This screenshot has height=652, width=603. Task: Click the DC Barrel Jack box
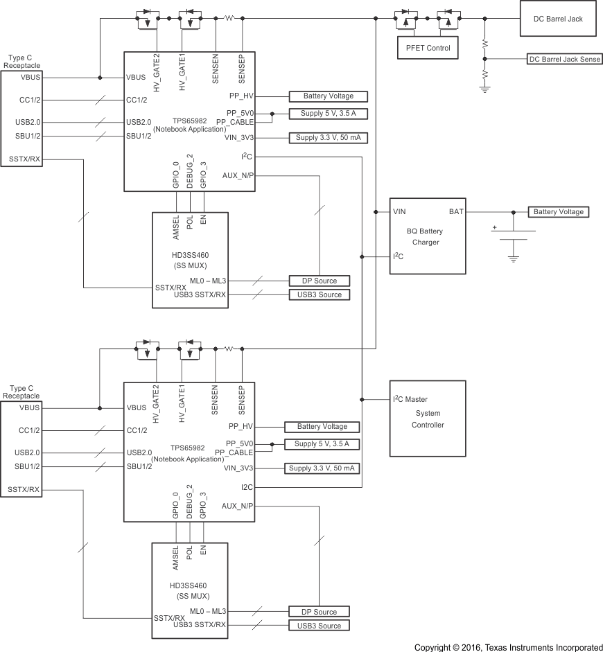pyautogui.click(x=560, y=19)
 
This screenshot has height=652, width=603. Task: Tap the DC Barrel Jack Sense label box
pyautogui.click(x=564, y=60)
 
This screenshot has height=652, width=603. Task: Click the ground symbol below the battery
pyautogui.click(x=513, y=258)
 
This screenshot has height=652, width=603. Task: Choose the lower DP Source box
pyautogui.click(x=320, y=612)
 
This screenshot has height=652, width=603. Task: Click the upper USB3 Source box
pyautogui.click(x=320, y=294)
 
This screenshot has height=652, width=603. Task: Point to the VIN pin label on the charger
pyautogui.click(x=399, y=211)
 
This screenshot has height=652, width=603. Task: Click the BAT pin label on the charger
pyautogui.click(x=456, y=211)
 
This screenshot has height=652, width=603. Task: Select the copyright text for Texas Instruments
pyautogui.click(x=508, y=647)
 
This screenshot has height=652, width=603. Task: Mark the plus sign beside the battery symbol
pyautogui.click(x=494, y=227)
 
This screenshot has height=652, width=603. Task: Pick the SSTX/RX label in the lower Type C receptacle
pyautogui.click(x=24, y=490)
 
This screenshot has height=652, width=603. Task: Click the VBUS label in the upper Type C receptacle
pyautogui.click(x=30, y=77)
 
